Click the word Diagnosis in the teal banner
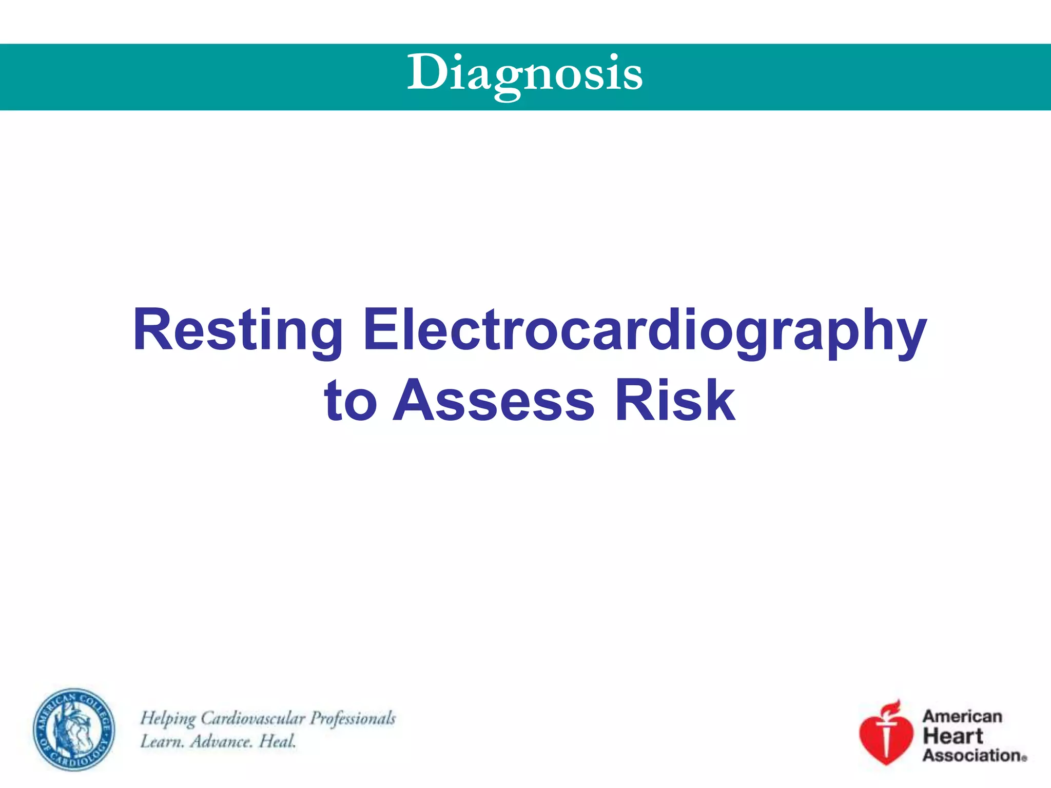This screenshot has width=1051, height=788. point(524,74)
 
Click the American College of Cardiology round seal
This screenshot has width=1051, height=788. point(74,729)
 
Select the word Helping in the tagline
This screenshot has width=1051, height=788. point(168,718)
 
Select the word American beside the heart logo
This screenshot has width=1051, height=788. point(962,716)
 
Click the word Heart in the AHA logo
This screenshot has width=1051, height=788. point(953,736)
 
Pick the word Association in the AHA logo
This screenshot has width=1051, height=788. point(972,755)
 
